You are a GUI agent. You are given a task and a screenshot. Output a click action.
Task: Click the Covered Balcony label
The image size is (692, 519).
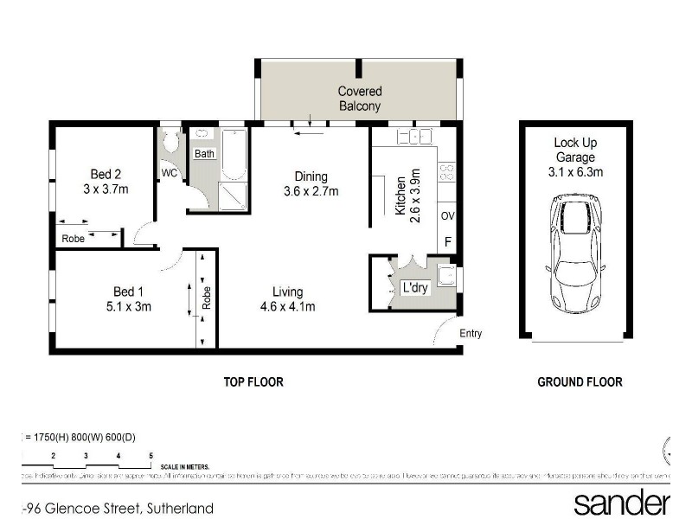[x=360, y=99]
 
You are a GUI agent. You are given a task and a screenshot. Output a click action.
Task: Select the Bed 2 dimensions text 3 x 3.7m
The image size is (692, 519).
[x=106, y=189]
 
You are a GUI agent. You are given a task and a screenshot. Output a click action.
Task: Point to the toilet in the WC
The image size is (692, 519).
[x=170, y=143]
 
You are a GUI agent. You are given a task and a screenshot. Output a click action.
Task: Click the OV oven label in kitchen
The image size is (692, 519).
[x=447, y=215]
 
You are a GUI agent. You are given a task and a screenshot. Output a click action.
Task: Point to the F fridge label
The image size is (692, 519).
[x=447, y=242]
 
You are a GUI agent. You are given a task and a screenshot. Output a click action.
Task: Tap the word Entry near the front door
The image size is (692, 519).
[x=471, y=333]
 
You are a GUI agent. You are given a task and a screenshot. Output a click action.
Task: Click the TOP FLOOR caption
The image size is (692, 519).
[x=253, y=381]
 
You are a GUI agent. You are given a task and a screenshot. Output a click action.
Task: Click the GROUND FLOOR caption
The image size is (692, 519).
[x=580, y=381]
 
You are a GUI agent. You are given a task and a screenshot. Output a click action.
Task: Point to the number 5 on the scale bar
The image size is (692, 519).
[x=151, y=455]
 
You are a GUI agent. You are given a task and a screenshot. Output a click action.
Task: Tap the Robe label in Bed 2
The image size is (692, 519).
[x=74, y=239]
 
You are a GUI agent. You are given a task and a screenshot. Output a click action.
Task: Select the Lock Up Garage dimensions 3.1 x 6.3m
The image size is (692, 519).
[x=576, y=172]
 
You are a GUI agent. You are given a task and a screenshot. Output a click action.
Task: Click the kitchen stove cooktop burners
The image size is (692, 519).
[x=446, y=172]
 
